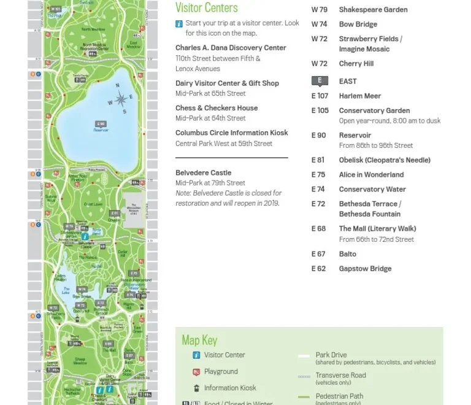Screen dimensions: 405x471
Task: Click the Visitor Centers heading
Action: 206,8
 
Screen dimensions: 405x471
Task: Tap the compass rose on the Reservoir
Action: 121,101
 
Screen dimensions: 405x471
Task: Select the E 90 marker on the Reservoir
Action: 101,124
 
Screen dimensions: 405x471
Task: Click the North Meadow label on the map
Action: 93,29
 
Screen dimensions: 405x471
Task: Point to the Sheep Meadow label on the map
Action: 80,361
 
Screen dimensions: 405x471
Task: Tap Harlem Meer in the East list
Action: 360,96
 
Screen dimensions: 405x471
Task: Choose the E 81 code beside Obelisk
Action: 318,160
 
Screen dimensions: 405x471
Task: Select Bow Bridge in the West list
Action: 358,25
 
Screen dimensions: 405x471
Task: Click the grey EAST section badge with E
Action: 319,81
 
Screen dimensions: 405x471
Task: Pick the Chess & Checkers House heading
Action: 216,108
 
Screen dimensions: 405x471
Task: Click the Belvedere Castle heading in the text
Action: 204,173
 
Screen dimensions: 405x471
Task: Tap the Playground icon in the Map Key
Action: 196,372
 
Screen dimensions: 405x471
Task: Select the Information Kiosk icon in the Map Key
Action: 196,388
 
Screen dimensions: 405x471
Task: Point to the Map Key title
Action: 199,341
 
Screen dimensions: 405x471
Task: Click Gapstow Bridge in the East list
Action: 365,269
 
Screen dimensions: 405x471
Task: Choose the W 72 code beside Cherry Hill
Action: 319,64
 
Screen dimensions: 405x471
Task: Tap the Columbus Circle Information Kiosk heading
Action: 231,133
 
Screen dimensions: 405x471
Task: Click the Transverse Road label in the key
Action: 340,375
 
